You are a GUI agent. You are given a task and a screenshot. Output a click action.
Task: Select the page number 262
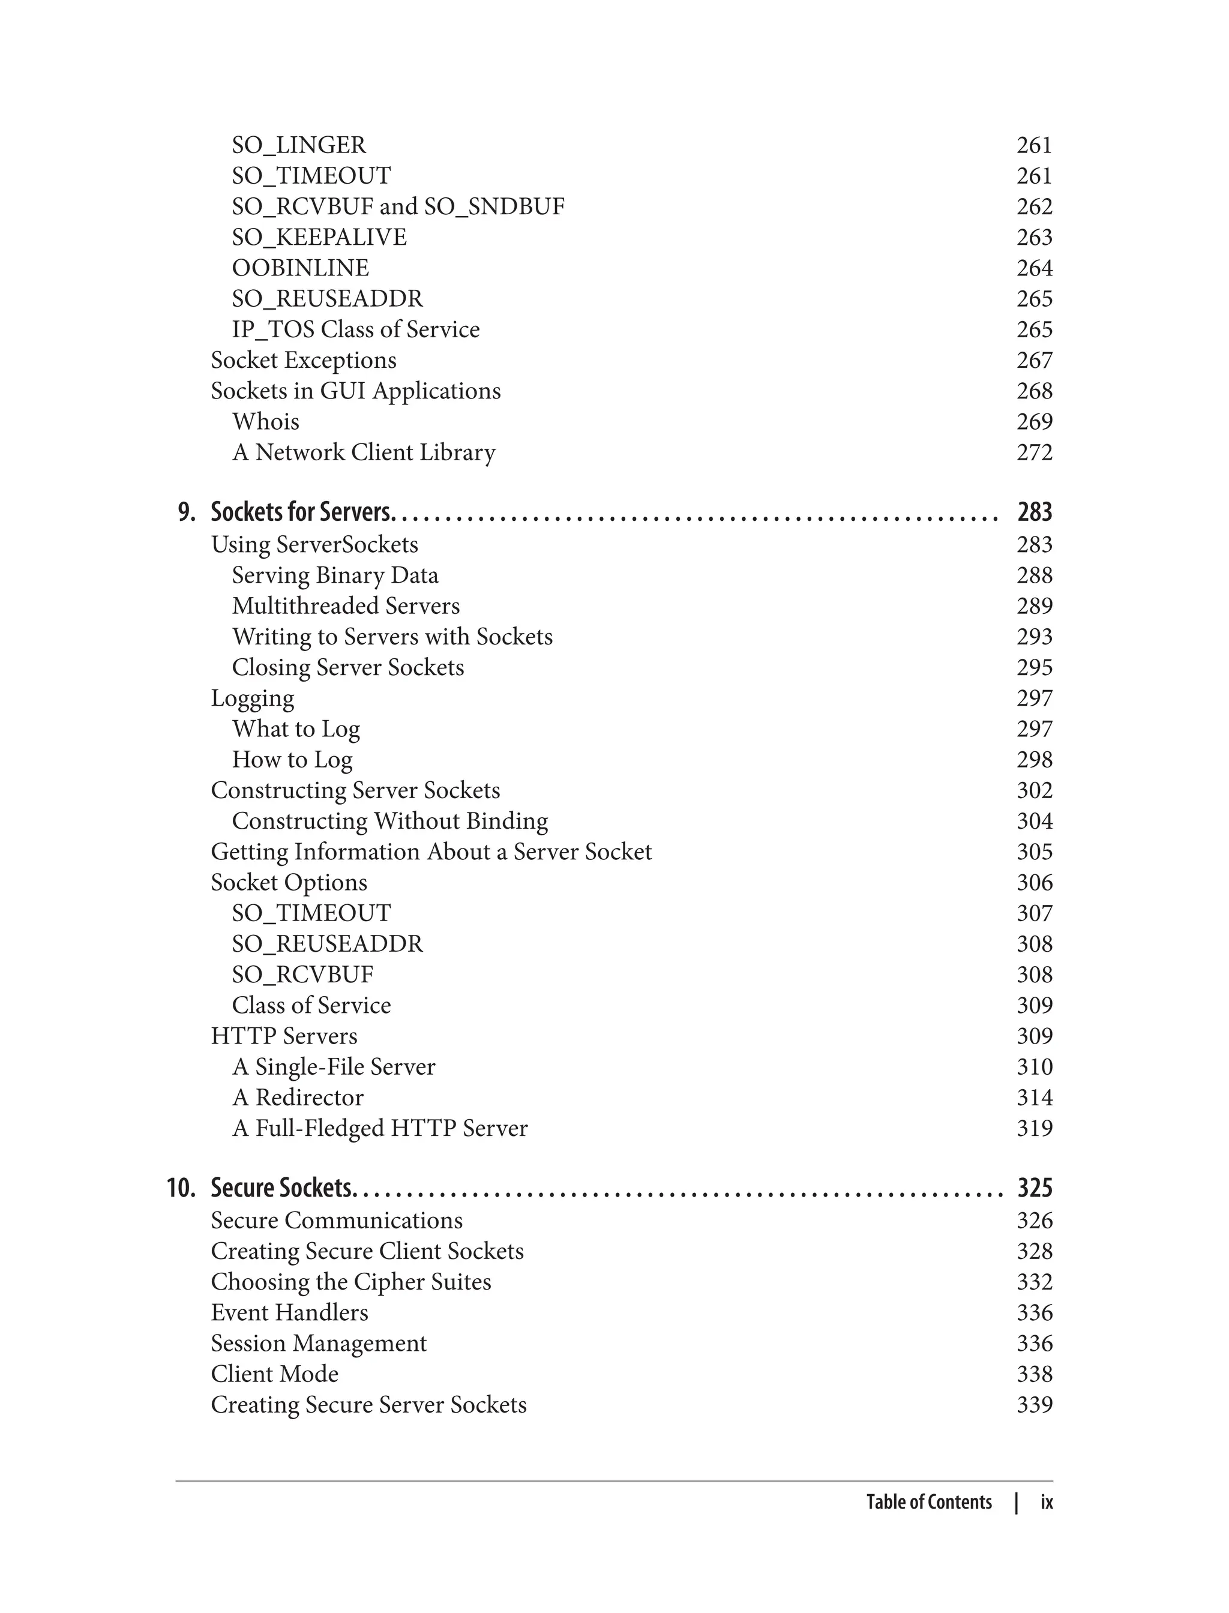pos(1034,206)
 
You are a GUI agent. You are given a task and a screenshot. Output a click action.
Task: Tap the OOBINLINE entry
pos(300,268)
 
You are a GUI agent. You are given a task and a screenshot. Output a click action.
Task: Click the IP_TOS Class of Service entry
pos(355,329)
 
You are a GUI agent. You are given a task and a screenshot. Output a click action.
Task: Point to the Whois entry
pos(266,421)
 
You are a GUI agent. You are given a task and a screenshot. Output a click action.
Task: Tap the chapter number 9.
pos(187,512)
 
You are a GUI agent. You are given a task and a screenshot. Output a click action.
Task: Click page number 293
pos(1034,637)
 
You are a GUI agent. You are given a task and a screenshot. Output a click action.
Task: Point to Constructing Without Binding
pos(389,821)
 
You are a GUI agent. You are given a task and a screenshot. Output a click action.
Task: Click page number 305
pos(1034,852)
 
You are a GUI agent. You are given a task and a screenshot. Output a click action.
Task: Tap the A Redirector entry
pos(297,1098)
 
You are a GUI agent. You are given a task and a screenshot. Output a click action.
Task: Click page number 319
pos(1034,1128)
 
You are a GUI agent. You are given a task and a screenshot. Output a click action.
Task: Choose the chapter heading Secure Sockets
pos(281,1188)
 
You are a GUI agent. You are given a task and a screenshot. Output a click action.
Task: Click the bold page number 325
pos(1034,1188)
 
